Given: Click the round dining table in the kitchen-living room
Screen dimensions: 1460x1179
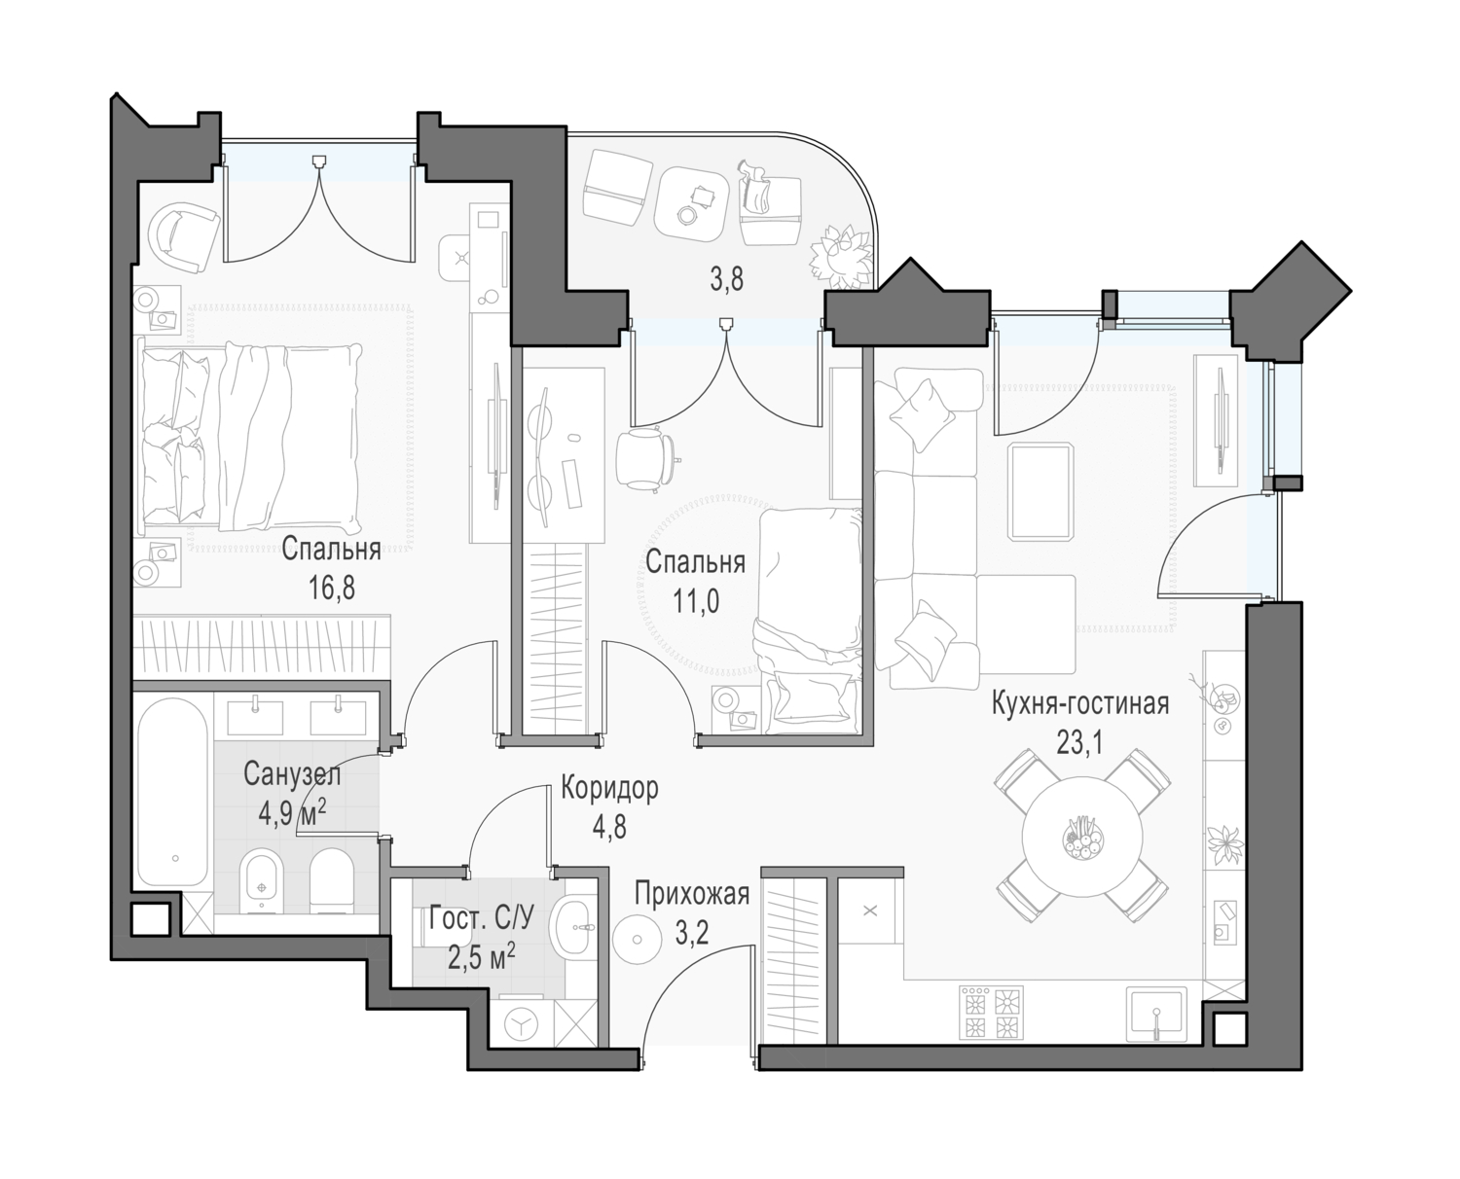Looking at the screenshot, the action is [x=1081, y=835].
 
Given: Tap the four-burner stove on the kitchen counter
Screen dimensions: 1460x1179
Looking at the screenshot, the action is [x=993, y=1012].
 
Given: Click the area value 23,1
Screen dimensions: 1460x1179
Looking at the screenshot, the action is [x=1079, y=741].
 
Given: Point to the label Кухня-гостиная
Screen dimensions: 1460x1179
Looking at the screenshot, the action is [x=1080, y=703].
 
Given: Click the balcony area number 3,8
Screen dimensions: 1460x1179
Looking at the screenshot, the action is [x=726, y=280].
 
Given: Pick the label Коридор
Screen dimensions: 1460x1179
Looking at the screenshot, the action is [x=609, y=788].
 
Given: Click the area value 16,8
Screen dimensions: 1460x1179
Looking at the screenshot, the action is [x=332, y=588].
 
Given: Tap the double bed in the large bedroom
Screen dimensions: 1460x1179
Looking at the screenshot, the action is [x=251, y=438].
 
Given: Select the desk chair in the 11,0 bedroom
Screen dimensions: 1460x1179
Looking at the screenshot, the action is [x=644, y=457].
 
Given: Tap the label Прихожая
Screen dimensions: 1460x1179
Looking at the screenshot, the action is [x=692, y=894].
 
